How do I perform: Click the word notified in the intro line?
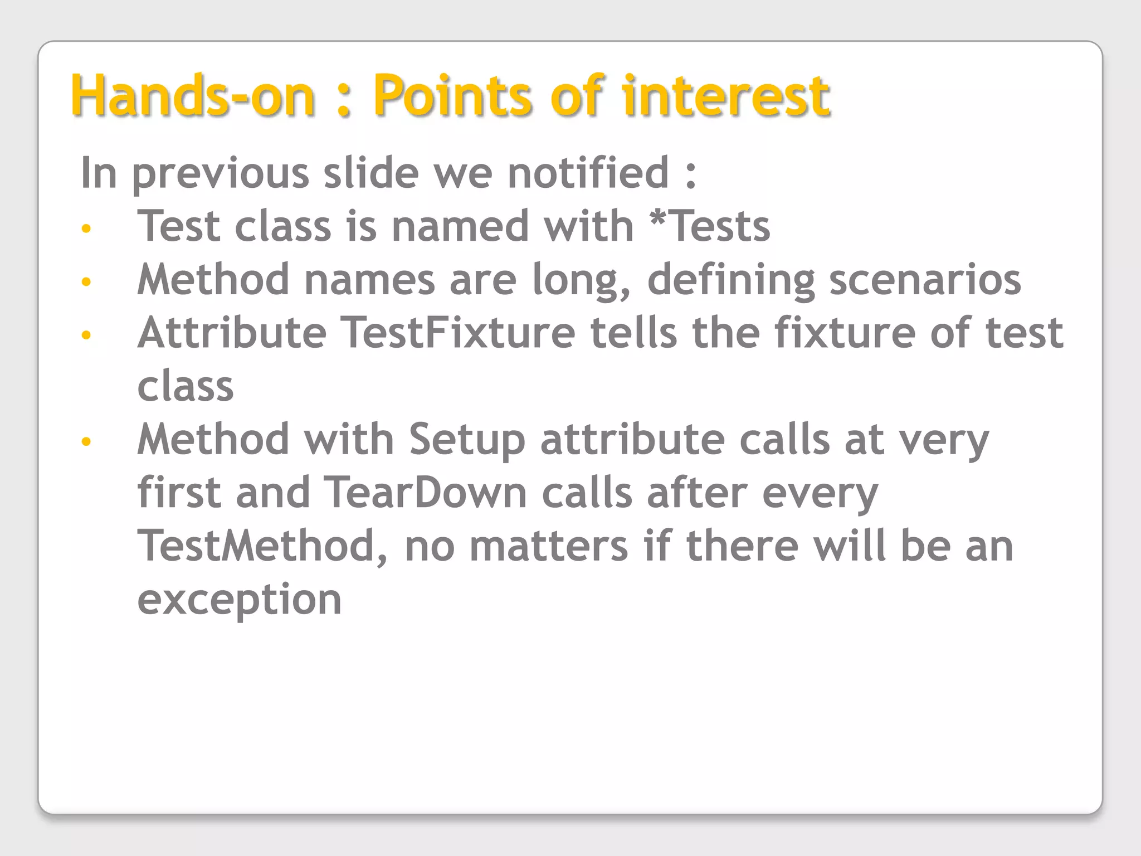[588, 173]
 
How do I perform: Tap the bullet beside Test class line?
[86, 228]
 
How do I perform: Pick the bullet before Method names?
[86, 281]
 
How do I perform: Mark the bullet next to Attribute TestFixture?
[86, 335]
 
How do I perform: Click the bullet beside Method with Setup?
[86, 442]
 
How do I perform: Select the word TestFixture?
[457, 333]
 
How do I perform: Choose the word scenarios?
[925, 279]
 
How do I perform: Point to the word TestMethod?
[256, 546]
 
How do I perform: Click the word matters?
[549, 547]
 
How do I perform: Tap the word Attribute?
[232, 333]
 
